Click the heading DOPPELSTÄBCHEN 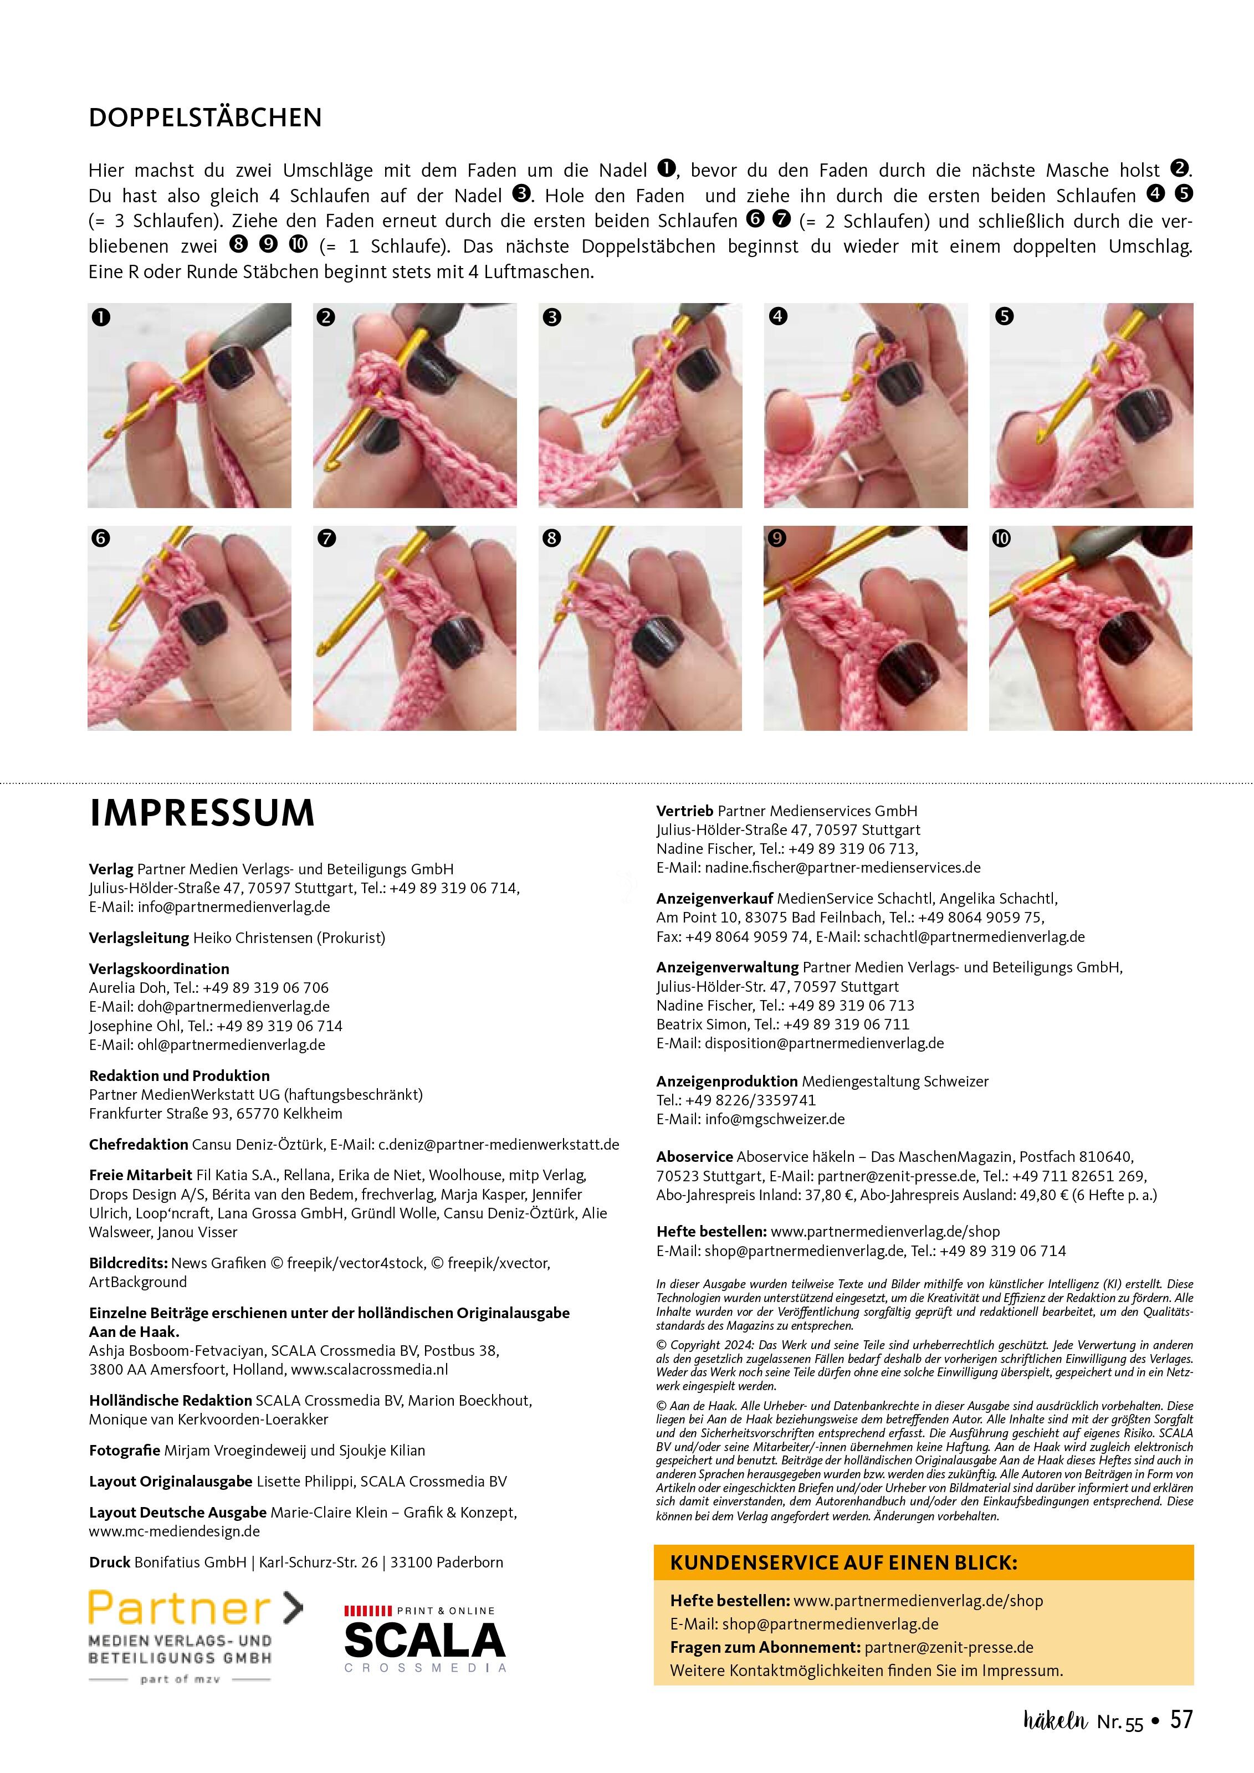point(206,117)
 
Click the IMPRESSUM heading point(202,813)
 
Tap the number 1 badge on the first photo point(100,316)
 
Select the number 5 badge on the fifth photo point(1004,316)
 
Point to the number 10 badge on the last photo point(1001,538)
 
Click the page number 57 point(1181,1740)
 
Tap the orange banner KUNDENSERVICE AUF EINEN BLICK point(924,1563)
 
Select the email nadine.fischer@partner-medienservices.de point(842,868)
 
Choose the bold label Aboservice point(694,1157)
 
